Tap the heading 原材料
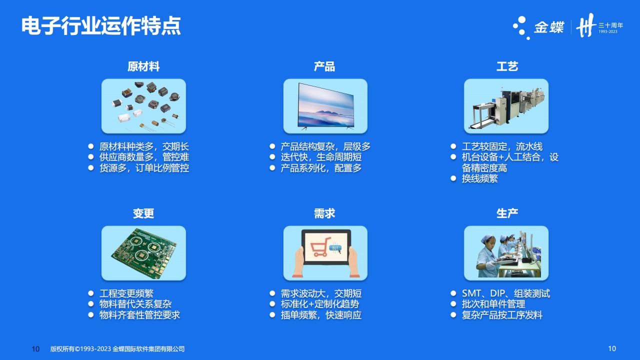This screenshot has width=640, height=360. click(x=143, y=66)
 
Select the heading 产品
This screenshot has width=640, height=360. click(x=324, y=66)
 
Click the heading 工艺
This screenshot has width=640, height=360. click(x=507, y=66)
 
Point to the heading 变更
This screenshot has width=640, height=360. click(x=143, y=213)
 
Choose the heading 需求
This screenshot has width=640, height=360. click(x=324, y=213)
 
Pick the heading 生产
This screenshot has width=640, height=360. click(x=507, y=213)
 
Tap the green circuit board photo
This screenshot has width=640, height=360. click(x=143, y=253)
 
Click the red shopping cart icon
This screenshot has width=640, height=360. click(x=320, y=247)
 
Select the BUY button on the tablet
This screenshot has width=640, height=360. click(x=335, y=248)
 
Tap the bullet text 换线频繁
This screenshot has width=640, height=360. click(x=479, y=178)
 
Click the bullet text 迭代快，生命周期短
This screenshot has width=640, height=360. click(x=321, y=157)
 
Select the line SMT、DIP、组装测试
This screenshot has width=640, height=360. click(x=505, y=293)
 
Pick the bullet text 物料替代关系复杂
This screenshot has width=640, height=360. click(x=135, y=304)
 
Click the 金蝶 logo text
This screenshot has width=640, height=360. click(x=549, y=27)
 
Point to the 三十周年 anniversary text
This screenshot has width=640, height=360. click(x=611, y=25)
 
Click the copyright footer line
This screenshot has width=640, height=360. click(x=117, y=349)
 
